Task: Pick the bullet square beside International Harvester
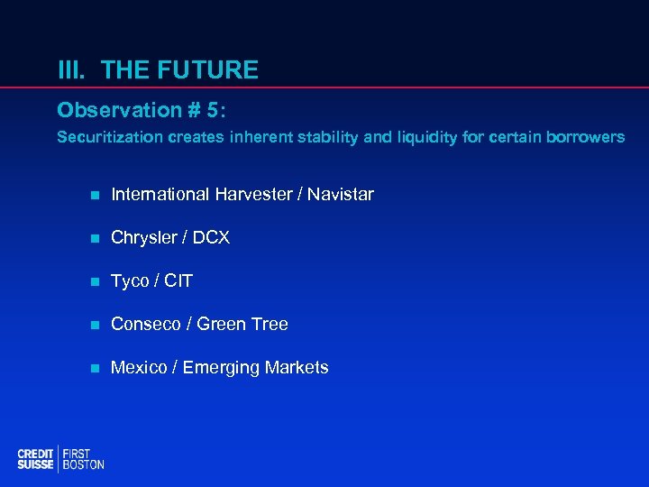(x=94, y=195)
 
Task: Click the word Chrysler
(x=144, y=237)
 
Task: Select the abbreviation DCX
(x=210, y=237)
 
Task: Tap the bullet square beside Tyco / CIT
(x=94, y=281)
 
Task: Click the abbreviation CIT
(x=178, y=280)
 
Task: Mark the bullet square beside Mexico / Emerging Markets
(x=94, y=368)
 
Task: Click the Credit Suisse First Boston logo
(x=60, y=458)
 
